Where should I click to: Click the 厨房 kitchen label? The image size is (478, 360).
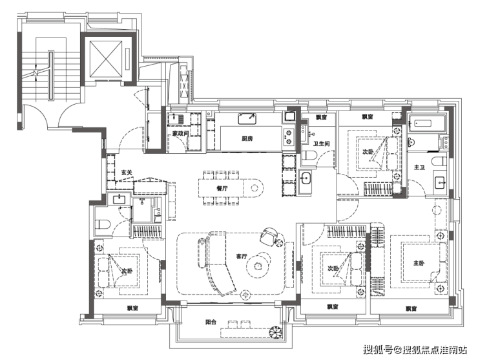247,138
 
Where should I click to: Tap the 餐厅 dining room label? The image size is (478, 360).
222,188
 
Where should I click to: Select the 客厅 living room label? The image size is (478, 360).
241,257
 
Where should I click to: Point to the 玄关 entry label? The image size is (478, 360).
127,173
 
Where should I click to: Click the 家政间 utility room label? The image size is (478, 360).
180,134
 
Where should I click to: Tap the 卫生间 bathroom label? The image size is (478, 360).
321,143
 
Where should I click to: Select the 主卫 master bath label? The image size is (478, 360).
419,167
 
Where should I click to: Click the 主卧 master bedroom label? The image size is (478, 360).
419,262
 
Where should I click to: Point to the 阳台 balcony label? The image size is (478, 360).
211,322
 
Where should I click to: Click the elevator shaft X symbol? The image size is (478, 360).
106,59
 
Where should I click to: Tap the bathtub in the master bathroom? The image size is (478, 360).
421,123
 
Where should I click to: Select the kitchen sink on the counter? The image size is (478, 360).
247,119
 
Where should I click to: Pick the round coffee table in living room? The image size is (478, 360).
258,265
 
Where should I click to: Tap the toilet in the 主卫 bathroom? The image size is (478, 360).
438,161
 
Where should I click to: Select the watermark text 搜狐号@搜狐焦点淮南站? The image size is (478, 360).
415,350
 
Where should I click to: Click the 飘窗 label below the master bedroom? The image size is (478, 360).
411,309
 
